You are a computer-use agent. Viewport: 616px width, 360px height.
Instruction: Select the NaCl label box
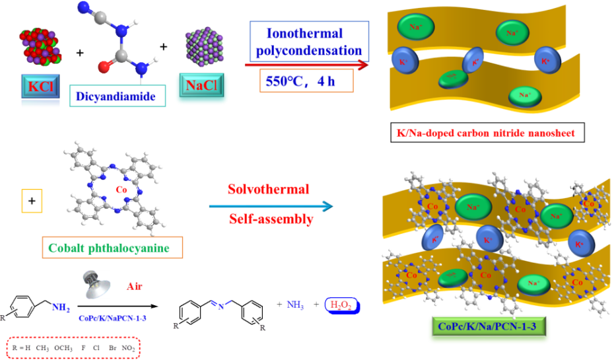[x=202, y=87]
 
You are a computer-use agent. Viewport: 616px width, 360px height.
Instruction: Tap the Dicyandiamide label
[x=116, y=96]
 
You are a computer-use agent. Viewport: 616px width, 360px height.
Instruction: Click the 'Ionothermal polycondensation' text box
[x=309, y=42]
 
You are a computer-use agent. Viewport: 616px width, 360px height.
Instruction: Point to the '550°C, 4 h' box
[x=306, y=82]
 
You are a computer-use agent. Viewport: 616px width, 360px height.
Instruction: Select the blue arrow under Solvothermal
[x=271, y=207]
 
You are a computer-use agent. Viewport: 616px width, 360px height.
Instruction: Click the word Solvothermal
[x=269, y=190]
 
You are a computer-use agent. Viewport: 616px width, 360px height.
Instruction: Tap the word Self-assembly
[x=271, y=220]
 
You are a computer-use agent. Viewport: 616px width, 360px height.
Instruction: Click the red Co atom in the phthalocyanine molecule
[x=121, y=190]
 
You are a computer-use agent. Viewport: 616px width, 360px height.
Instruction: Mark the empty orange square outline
[x=32, y=201]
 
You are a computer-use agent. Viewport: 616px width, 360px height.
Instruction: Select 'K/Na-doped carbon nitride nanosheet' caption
[x=486, y=133]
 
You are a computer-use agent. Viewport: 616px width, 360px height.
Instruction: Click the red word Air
[x=135, y=287]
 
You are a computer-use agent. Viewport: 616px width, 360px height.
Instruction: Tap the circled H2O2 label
[x=343, y=305]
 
